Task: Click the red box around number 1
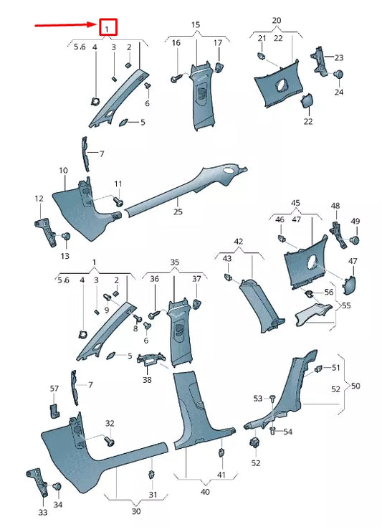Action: coord(108,28)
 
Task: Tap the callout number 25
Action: coord(178,213)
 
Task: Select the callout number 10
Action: coord(63,171)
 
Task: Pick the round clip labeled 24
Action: coord(339,74)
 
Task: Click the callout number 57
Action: coord(54,388)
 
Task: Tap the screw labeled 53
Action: coord(273,398)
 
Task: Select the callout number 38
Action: coord(148,381)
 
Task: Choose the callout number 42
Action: coord(239,242)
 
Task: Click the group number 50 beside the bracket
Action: coord(356,386)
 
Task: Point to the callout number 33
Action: coord(42,514)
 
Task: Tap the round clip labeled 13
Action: coord(66,237)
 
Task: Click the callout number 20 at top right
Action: coord(277,20)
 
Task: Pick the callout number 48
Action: coord(335,206)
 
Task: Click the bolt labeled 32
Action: coord(108,440)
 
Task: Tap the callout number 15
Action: coord(195,25)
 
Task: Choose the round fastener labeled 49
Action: coord(355,239)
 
